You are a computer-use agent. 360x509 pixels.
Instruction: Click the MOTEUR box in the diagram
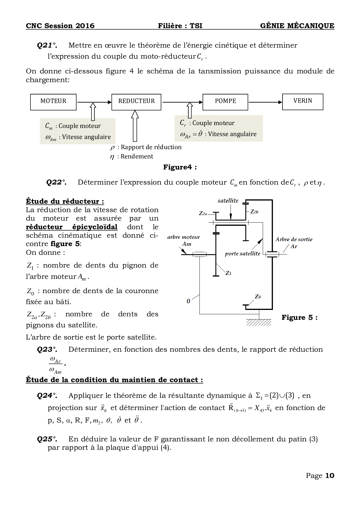[x=53, y=102]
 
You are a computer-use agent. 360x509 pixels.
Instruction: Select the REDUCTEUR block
[x=136, y=102]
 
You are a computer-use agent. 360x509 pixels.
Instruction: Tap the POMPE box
[x=225, y=102]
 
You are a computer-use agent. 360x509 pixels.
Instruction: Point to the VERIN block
[x=303, y=102]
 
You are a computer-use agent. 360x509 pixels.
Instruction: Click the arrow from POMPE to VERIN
[x=265, y=102]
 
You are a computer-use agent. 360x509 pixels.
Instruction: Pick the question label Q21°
[x=47, y=45]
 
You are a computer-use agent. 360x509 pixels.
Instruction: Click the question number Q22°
[x=56, y=182]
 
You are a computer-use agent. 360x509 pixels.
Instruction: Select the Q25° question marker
[x=47, y=439]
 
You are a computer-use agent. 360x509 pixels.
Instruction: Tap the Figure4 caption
[x=180, y=167]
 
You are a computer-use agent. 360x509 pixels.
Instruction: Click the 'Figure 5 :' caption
[x=299, y=317]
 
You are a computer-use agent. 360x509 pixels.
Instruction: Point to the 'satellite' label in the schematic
[x=228, y=201]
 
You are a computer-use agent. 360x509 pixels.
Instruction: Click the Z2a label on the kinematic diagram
[x=203, y=213]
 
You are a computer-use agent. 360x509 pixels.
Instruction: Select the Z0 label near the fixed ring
[x=258, y=297]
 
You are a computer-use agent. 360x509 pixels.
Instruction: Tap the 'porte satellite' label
[x=242, y=254]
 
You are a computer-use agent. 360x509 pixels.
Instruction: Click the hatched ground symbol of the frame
[x=259, y=322]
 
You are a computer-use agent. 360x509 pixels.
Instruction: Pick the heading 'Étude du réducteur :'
[x=65, y=201]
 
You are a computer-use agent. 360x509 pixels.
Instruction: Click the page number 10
[x=330, y=476]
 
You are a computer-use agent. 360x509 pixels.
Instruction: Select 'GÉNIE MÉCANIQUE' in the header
[x=297, y=26]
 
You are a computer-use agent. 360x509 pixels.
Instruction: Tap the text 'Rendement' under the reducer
[x=137, y=156]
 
